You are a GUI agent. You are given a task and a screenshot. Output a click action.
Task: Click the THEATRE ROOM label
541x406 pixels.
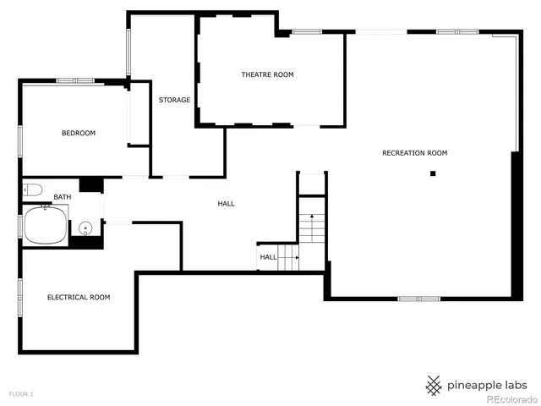(x=267, y=75)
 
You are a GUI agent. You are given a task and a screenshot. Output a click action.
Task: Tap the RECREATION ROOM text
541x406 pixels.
(x=414, y=153)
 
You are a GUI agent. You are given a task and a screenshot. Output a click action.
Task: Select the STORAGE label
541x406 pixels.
(x=174, y=101)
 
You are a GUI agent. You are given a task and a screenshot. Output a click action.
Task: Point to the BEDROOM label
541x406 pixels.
(x=78, y=134)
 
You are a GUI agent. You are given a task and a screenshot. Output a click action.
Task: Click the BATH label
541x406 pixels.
(x=63, y=197)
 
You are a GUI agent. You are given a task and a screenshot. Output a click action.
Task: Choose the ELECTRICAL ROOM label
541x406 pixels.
(x=78, y=298)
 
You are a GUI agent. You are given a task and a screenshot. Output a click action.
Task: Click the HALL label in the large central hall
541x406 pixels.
(x=226, y=204)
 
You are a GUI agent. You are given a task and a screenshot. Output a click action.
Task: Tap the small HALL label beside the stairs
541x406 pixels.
(x=268, y=257)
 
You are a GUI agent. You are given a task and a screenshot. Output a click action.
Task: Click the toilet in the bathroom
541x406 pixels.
(x=32, y=189)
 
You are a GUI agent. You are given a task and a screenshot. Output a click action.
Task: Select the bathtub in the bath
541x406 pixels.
(x=46, y=226)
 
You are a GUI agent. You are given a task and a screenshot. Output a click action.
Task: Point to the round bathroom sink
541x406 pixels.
(x=85, y=228)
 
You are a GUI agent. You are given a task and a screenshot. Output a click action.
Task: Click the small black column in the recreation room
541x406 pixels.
(x=433, y=174)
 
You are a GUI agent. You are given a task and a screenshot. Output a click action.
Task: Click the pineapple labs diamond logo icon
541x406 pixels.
(x=434, y=385)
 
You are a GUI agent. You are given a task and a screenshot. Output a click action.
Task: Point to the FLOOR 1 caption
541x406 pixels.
(x=21, y=394)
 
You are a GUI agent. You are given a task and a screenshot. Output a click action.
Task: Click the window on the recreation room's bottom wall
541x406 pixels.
(x=418, y=299)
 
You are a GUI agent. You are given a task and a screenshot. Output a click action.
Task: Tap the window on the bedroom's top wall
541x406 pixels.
(x=75, y=81)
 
